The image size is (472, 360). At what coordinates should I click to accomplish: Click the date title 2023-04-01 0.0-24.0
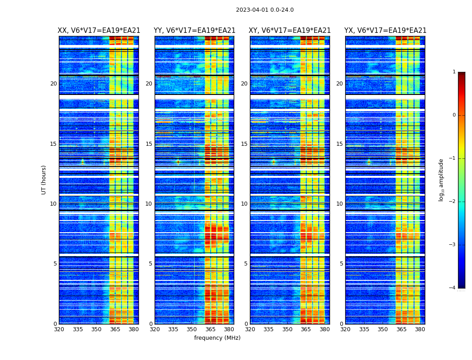coord(265,10)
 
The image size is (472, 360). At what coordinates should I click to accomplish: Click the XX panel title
coord(99,31)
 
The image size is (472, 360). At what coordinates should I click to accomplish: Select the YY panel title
coord(194,31)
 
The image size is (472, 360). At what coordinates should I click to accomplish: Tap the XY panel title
coord(290,31)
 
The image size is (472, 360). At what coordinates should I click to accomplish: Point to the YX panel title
coord(385,31)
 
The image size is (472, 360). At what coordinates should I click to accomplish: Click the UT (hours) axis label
coord(44,180)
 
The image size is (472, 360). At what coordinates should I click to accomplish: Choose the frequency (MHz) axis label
coord(217,338)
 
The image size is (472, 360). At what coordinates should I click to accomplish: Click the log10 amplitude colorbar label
coord(441,180)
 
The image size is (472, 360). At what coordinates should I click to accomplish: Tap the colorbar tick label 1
coord(454,72)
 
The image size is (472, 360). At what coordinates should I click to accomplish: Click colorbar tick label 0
coord(454,115)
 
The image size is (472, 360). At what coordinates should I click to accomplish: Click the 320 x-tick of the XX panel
coord(59,329)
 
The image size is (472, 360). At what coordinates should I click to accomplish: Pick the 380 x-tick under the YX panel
coord(420,329)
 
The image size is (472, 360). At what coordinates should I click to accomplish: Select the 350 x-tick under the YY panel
coord(192,329)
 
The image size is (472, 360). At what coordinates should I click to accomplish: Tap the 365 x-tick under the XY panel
coord(306,329)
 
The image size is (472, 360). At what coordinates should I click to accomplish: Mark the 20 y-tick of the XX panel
coord(53,84)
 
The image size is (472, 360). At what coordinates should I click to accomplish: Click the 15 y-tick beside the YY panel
coord(149,144)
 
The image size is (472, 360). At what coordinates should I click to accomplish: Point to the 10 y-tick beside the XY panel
coord(244,204)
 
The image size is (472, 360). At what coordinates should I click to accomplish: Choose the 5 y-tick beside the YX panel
coord(341,264)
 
